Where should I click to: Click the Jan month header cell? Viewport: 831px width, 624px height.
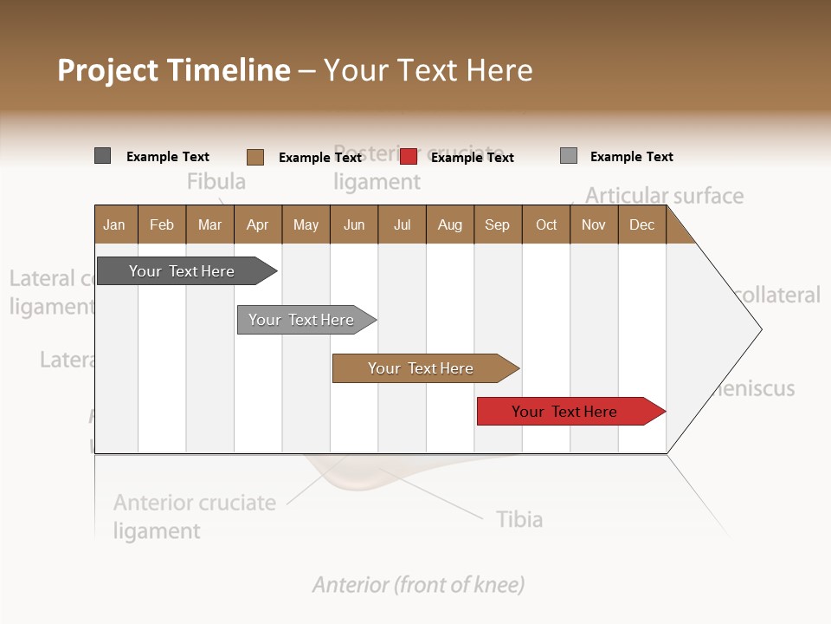[x=115, y=224]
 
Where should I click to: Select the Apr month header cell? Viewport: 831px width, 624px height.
[x=258, y=224]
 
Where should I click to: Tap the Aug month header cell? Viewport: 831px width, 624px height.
[x=450, y=224]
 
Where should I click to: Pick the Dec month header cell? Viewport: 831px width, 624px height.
[x=642, y=224]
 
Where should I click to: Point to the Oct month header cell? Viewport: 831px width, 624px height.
[x=546, y=224]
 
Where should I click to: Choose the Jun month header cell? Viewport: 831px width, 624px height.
[x=354, y=224]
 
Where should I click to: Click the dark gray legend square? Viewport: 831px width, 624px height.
[x=102, y=156]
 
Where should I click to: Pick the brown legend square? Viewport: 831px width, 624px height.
[x=255, y=157]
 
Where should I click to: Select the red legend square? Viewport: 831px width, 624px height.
[x=409, y=157]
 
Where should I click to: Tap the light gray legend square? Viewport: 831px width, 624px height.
[x=569, y=156]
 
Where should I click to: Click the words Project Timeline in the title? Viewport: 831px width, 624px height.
[x=174, y=70]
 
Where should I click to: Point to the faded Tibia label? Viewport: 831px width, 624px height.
[x=519, y=519]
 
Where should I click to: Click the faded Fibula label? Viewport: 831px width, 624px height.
[x=216, y=181]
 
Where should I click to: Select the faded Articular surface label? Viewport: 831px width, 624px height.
[x=664, y=196]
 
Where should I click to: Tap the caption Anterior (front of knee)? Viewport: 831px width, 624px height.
[x=418, y=585]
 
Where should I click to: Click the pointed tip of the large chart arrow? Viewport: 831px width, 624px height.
[x=760, y=328]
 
